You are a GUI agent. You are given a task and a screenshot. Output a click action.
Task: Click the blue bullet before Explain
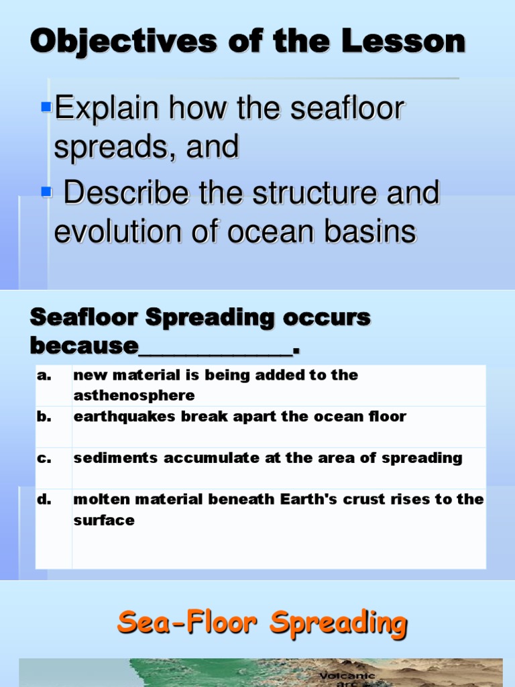pos(46,107)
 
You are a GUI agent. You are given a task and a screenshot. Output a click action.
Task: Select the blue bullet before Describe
pos(46,193)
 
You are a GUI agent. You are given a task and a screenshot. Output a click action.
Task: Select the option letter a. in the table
pos(44,376)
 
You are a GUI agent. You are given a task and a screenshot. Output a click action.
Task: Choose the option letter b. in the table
pos(44,417)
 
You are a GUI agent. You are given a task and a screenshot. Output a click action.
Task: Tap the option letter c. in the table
pos(44,458)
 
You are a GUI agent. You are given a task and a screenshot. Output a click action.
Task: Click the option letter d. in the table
pos(44,500)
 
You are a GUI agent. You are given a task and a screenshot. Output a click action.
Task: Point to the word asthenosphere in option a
pos(134,395)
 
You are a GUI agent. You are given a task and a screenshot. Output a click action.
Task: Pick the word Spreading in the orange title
pos(339,623)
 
